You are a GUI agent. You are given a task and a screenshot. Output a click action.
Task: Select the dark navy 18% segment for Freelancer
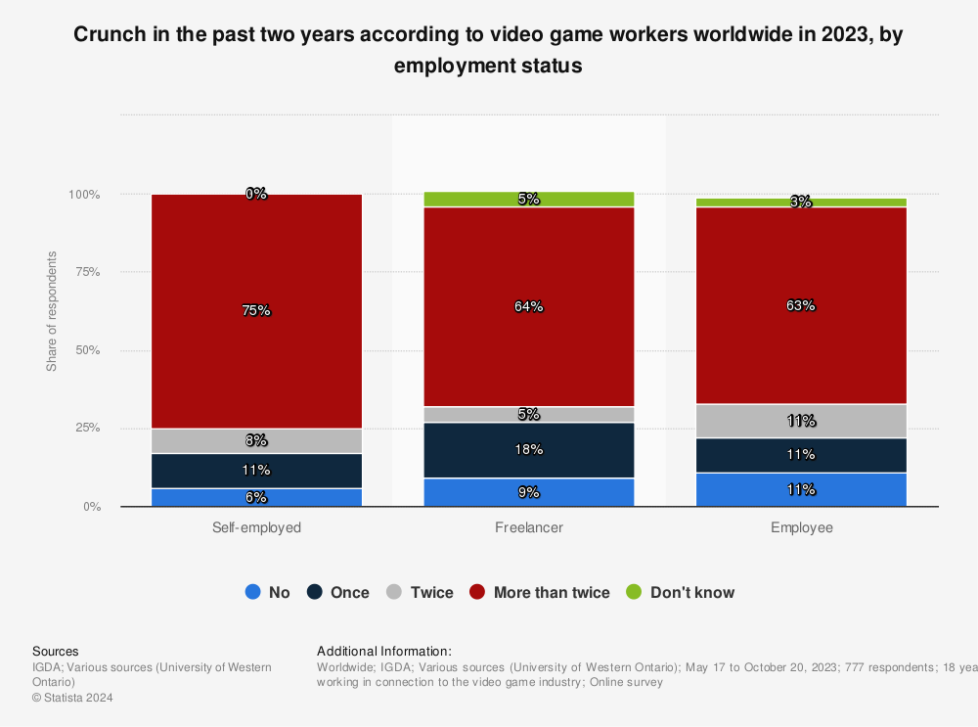pos(529,450)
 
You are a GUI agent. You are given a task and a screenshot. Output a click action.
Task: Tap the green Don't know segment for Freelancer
pos(529,200)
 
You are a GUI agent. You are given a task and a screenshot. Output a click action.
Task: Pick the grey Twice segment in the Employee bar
pos(801,421)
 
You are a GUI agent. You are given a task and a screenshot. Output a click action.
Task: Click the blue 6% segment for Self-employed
pos(256,497)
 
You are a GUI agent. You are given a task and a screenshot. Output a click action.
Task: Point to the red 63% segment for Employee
pos(801,305)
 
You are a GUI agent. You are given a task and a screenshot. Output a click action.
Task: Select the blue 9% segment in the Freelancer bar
pos(529,492)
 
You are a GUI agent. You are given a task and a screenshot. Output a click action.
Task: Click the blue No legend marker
pos(252,592)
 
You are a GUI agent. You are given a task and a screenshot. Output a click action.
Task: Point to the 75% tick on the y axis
pos(88,272)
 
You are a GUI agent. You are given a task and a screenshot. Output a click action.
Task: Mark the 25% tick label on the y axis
pos(88,429)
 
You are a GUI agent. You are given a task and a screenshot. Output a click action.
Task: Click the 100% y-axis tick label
pos(85,195)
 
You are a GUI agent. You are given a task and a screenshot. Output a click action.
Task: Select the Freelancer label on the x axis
pos(529,527)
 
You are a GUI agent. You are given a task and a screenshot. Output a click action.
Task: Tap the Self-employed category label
pos(256,527)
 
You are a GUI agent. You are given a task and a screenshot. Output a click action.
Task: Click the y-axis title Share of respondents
pos(52,311)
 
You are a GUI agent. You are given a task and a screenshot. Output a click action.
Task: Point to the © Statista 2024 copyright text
pos(72,698)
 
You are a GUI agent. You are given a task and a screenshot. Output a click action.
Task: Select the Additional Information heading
pos(384,651)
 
